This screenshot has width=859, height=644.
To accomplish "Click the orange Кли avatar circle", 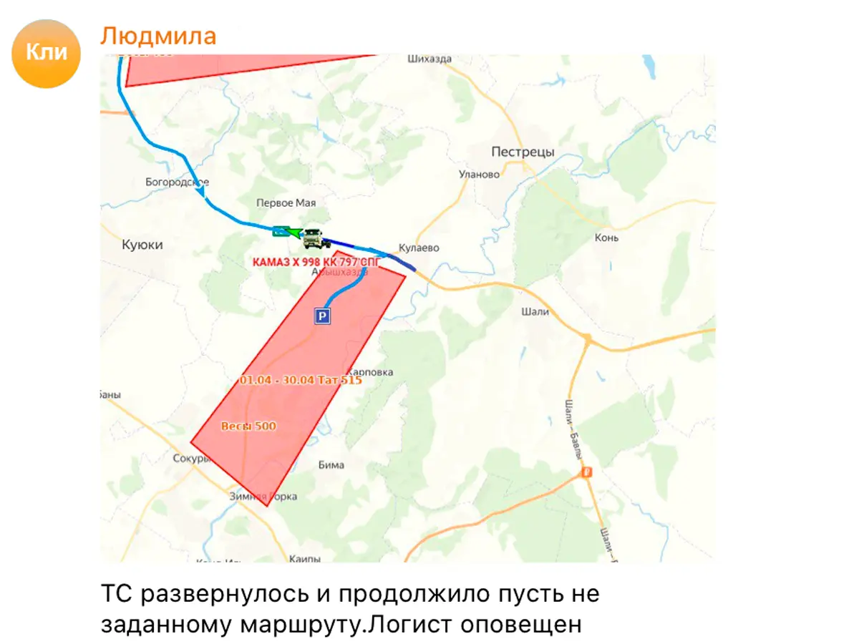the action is pos(46,53).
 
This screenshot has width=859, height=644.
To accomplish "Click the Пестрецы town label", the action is pos(523,152).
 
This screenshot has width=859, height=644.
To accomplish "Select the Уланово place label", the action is pos(479,174).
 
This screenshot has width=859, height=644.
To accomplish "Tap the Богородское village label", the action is pos(177,182).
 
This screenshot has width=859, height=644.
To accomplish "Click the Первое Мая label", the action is pos(286,203).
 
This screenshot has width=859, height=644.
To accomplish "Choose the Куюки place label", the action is pos(142,245).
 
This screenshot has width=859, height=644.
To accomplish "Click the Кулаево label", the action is pos(419,248).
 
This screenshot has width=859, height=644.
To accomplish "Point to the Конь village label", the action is pos(606,238).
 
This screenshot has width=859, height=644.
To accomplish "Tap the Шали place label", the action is pos(535,311).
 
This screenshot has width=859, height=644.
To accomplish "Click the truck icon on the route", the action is pos(312,238).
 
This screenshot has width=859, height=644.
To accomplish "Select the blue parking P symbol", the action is pos(323,316).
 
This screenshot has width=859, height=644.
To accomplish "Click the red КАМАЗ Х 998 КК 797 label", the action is pos(316,262).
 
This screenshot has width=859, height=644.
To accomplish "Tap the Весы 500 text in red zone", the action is pos(248,426).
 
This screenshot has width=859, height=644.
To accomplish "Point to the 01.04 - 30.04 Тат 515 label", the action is pos(301,380).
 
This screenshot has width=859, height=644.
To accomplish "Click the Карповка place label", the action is pos(369,372).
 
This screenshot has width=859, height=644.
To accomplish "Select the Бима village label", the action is pos(331,465).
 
